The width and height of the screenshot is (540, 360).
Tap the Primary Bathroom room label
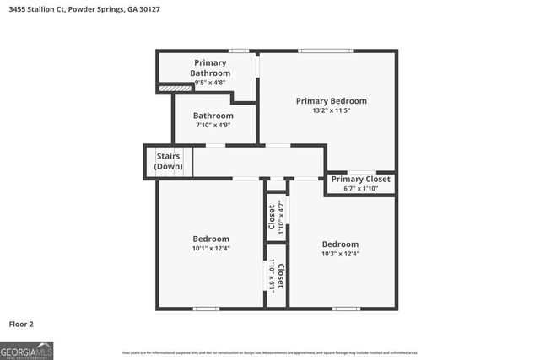[x=210, y=67]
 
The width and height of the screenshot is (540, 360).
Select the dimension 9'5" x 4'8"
[x=210, y=83]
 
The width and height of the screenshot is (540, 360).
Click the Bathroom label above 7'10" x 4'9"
[x=213, y=116]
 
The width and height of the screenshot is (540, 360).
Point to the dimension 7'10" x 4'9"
[x=213, y=125]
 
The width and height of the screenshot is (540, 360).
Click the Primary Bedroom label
[x=331, y=100]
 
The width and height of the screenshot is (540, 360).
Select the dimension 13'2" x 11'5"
[x=331, y=110]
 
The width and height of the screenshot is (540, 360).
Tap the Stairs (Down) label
[x=169, y=160]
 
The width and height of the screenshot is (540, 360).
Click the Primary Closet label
[x=360, y=179]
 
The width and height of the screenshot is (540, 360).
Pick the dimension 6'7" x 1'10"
[x=360, y=188]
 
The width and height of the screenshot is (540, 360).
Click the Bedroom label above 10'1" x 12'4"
[x=210, y=239]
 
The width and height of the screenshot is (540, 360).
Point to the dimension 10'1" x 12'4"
[x=210, y=249]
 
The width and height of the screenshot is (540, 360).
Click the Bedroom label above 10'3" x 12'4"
[x=340, y=244]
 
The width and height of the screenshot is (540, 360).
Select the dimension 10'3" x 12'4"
[x=340, y=254]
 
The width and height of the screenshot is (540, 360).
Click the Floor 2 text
[x=21, y=324]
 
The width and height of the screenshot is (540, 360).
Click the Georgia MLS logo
[x=27, y=350]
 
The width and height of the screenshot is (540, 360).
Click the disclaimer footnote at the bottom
[x=269, y=352]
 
